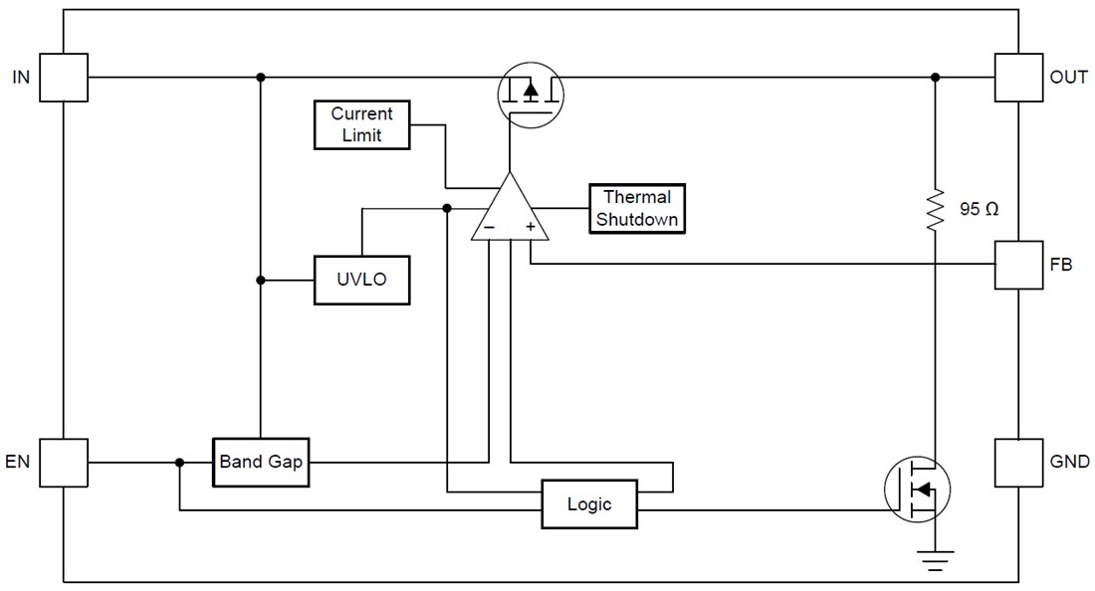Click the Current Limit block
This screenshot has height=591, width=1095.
(x=361, y=125)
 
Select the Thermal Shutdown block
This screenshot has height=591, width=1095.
(x=637, y=209)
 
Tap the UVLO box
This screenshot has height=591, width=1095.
(x=361, y=281)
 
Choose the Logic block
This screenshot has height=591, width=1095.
(x=588, y=503)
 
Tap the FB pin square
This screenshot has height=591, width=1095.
(x=1018, y=265)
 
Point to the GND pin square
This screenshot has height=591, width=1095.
(x=1018, y=463)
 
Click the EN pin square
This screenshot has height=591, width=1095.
(x=64, y=463)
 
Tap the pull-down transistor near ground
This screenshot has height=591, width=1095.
(x=918, y=489)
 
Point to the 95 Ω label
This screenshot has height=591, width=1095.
(x=978, y=211)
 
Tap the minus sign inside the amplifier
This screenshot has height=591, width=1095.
(x=489, y=228)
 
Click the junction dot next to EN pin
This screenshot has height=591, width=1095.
(x=179, y=463)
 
